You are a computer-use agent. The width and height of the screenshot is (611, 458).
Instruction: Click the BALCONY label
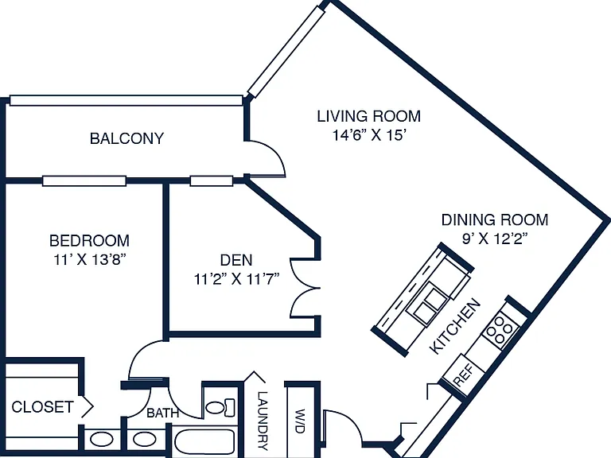tap(126, 138)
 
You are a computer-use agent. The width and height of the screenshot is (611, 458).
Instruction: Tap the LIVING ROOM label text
tap(368, 116)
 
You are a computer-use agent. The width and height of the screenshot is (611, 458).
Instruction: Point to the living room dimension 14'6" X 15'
tap(369, 135)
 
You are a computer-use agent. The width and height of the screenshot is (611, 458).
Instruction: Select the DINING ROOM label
tap(495, 219)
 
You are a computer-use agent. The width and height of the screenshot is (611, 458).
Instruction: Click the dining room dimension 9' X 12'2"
tap(495, 239)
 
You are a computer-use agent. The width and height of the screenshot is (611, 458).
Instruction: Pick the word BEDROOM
tap(89, 240)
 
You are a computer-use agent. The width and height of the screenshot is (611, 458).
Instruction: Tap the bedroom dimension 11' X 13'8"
tap(90, 259)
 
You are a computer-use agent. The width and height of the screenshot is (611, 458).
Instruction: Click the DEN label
tap(236, 260)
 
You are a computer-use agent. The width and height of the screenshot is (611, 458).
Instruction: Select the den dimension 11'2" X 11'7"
tap(236, 279)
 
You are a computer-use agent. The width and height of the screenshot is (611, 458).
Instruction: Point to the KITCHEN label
tap(455, 326)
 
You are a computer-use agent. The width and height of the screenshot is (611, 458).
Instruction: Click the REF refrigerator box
tap(464, 374)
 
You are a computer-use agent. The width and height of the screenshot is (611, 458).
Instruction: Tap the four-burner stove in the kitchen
tap(500, 330)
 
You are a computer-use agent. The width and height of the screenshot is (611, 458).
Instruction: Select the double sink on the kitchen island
tap(426, 304)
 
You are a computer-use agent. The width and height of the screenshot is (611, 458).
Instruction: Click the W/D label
tap(300, 421)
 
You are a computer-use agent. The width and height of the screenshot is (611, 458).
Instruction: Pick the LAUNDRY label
tap(263, 421)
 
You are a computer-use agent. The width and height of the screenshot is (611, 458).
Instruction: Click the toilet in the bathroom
tap(220, 407)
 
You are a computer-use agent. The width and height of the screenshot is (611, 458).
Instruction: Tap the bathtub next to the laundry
tap(204, 441)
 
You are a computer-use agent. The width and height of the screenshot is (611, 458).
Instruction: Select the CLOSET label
tap(42, 407)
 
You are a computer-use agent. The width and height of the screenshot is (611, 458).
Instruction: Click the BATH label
tap(162, 413)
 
